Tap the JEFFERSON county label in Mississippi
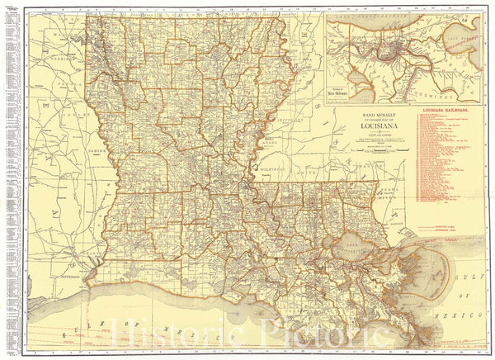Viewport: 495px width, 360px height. (288, 119)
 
